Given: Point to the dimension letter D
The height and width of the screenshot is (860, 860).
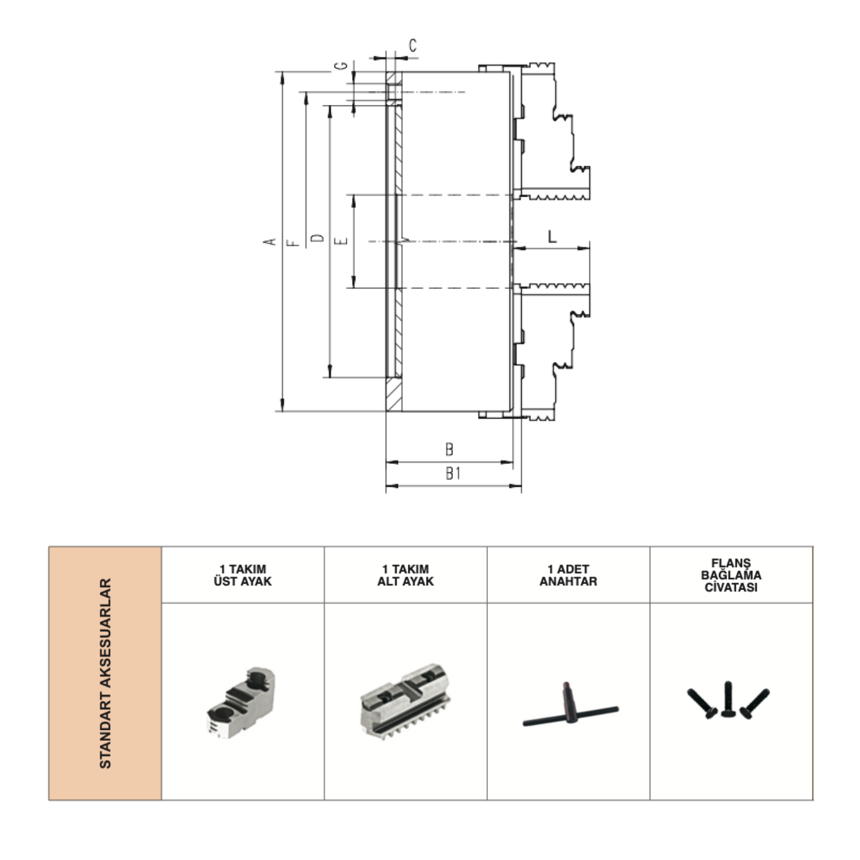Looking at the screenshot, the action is pyautogui.click(x=317, y=238).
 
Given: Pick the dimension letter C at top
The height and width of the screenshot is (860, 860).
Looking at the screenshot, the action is pyautogui.click(x=413, y=45).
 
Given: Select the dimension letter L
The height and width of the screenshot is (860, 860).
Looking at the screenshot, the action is pyautogui.click(x=552, y=236).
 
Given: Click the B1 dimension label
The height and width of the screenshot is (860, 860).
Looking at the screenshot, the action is pyautogui.click(x=453, y=474).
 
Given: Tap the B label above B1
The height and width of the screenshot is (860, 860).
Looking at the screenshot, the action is pyautogui.click(x=449, y=449).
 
